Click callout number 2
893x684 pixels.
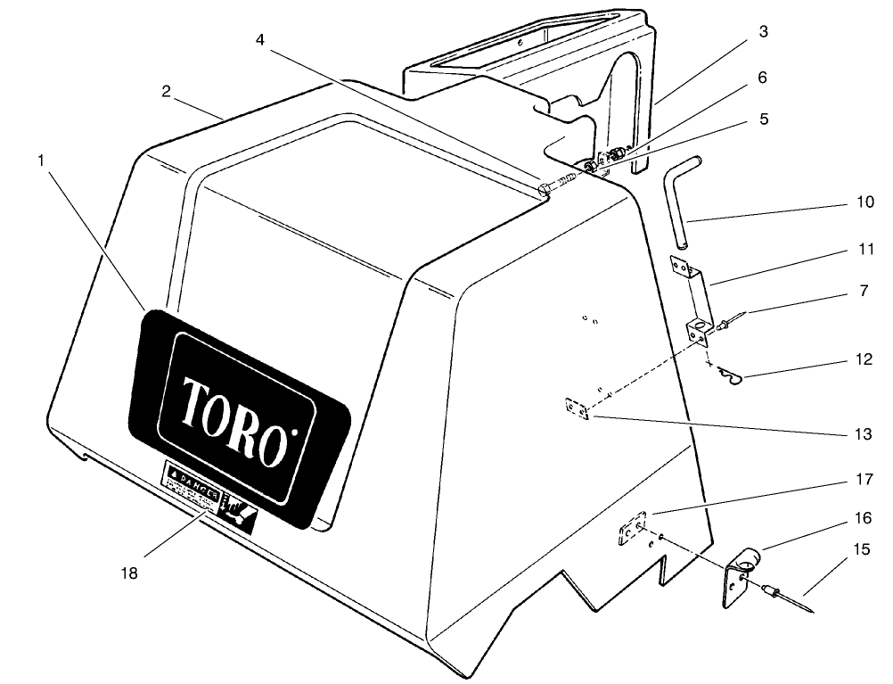167,92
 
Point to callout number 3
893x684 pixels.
763,31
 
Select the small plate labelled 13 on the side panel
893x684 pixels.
577,408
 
